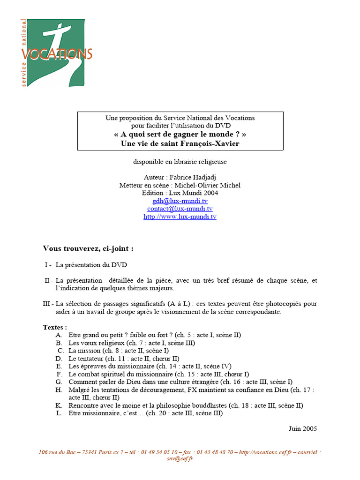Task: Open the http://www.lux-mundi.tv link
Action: pos(180,217)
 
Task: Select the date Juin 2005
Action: pos(303,428)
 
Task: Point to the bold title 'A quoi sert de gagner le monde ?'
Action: pos(180,135)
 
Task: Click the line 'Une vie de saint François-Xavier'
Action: pos(180,143)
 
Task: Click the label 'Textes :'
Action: pos(55,327)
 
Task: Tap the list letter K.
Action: pos(59,405)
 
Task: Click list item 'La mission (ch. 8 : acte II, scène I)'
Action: pos(119,351)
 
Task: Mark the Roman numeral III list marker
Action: pos(47,304)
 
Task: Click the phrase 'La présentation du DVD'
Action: pos(91,265)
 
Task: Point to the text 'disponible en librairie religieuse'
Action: pos(180,162)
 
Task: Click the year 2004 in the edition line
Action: pos(210,193)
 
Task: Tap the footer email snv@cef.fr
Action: pos(180,459)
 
